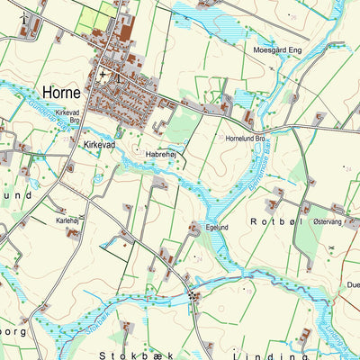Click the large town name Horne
click(x=61, y=93)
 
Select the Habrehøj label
click(x=161, y=154)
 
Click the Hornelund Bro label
click(x=247, y=139)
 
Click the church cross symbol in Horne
click(x=103, y=74)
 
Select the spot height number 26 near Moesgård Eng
click(x=293, y=17)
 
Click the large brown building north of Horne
click(x=126, y=31)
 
